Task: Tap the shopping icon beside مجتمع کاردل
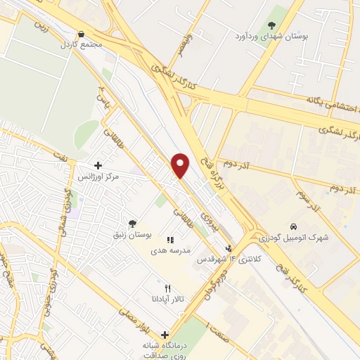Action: point(82,34)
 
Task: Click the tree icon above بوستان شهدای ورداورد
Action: point(272,25)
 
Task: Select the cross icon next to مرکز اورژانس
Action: point(98,165)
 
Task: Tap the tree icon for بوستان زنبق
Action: point(132,224)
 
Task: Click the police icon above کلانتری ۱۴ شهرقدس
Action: point(229,248)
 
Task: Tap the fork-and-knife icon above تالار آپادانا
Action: point(167,288)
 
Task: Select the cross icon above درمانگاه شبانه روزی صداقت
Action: point(165,335)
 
